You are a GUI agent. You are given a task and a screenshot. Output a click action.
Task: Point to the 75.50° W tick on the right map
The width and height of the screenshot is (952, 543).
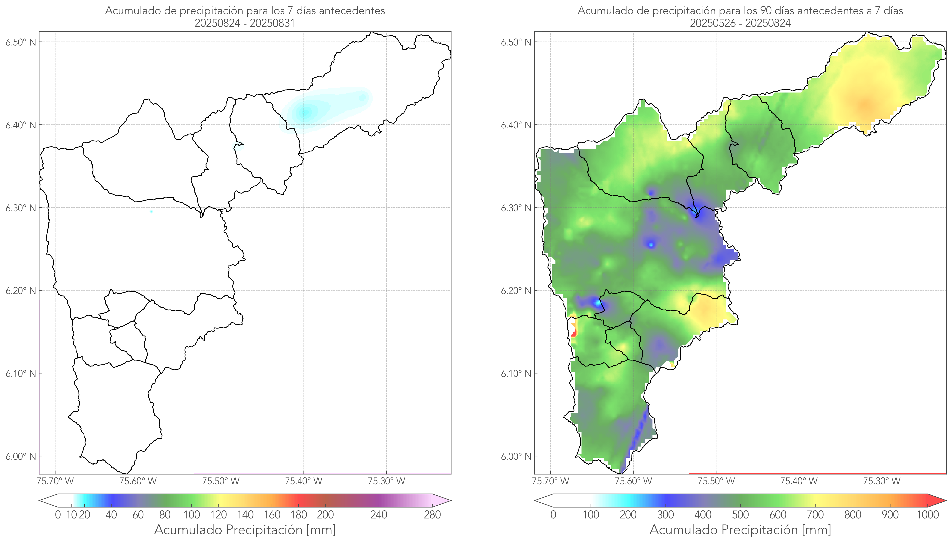[x=716, y=481]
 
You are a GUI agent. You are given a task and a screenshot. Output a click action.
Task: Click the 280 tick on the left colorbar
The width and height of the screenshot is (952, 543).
[x=432, y=515]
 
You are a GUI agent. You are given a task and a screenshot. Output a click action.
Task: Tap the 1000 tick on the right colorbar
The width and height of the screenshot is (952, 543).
[x=927, y=515]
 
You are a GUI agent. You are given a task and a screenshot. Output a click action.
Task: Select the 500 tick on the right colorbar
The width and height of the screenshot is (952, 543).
[x=740, y=515]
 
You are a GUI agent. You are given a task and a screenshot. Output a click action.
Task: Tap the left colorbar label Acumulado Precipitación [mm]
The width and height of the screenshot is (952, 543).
[x=245, y=530]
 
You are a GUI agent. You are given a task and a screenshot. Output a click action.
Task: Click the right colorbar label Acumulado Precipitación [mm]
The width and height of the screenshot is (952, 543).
[x=740, y=530]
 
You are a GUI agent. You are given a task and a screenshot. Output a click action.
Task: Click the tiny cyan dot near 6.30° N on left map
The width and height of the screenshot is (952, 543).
[x=151, y=211]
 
